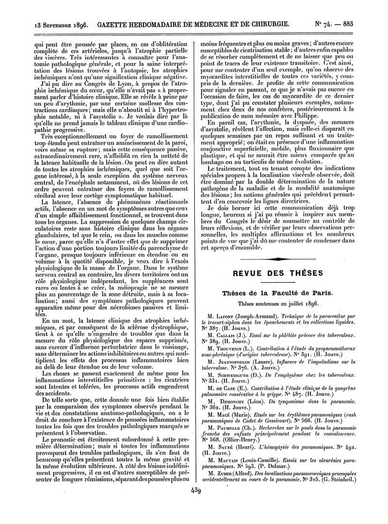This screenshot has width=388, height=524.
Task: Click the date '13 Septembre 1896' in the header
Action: coord(62,24)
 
